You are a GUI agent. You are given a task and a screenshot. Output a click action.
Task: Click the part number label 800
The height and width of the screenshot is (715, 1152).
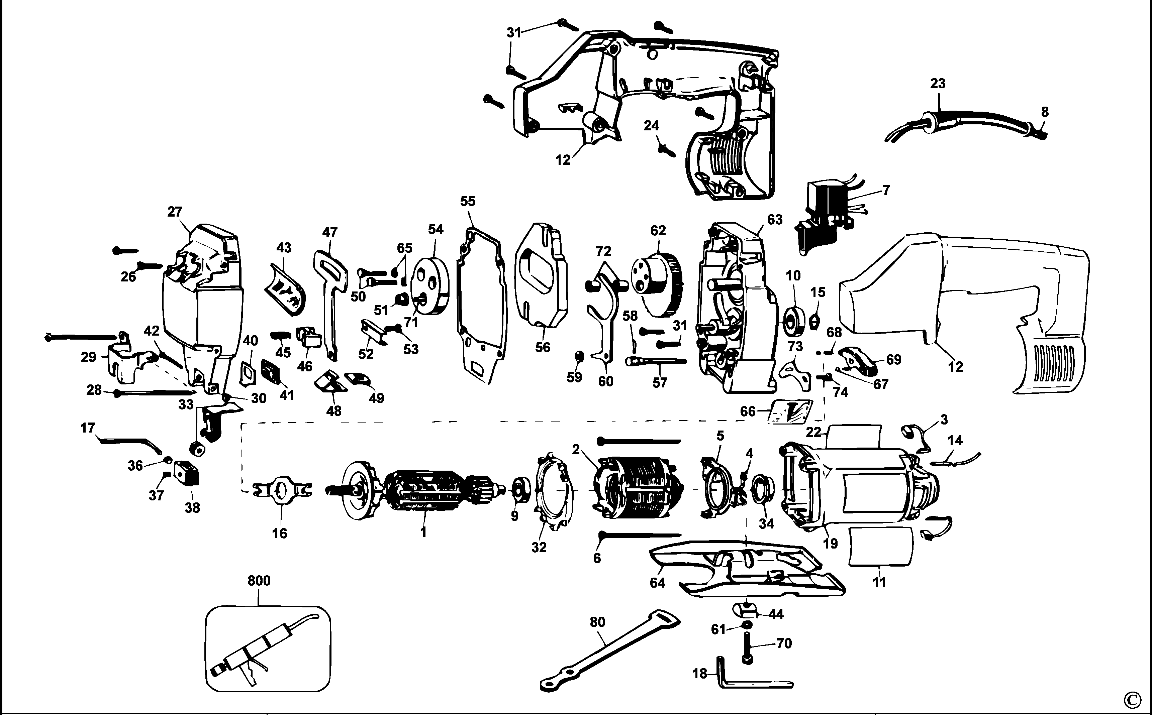click(x=259, y=581)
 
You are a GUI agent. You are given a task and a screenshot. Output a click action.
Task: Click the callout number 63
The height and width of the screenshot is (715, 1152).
click(x=774, y=219)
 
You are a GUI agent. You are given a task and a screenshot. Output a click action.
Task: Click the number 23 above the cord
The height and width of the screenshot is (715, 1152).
click(x=937, y=84)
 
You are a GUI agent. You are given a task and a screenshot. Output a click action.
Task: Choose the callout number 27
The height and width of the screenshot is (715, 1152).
click(x=175, y=212)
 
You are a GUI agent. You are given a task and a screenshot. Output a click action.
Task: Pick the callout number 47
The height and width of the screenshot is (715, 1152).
click(x=330, y=232)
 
